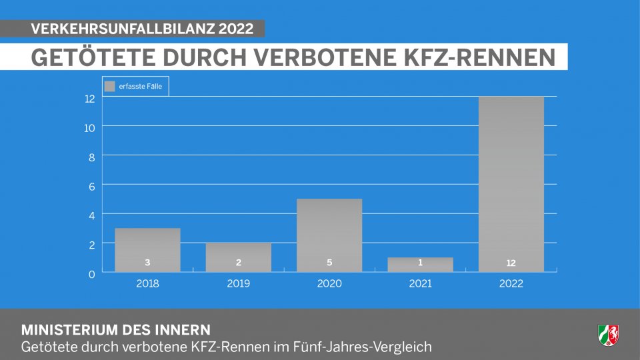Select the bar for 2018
click(147, 249)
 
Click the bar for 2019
click(238, 257)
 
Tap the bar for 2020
click(329, 235)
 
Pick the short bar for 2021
click(420, 264)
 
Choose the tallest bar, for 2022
click(511, 183)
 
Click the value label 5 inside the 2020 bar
click(329, 263)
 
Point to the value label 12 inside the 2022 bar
click(511, 263)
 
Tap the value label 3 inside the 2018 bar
click(147, 263)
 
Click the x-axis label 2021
click(420, 283)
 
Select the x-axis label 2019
click(238, 283)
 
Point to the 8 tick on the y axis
click(90, 157)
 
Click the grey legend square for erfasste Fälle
click(110, 86)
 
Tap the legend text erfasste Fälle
click(140, 86)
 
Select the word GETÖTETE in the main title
click(87, 57)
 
